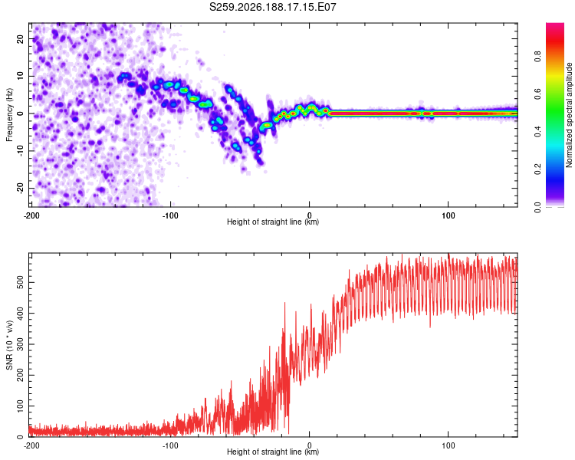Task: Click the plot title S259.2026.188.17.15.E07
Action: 272,7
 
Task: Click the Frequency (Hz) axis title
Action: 9,115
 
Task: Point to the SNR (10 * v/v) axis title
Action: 9,345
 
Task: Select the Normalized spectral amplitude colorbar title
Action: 569,115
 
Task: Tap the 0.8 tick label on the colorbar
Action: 537,57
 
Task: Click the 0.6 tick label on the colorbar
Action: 537,94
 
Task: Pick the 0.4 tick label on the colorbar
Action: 537,132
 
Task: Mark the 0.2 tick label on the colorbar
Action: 537,169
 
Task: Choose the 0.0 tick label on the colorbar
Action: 537,206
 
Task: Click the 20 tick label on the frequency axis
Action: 21,39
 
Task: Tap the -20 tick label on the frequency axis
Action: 21,189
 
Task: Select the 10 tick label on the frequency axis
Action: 21,76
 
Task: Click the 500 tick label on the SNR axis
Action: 21,282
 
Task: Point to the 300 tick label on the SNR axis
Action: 21,344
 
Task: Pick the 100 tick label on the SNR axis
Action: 21,406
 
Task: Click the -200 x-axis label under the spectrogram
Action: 31,215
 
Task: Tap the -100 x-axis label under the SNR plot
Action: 170,445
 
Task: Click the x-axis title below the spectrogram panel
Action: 273,222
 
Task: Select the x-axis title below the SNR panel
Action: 273,452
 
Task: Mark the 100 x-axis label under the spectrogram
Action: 449,215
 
